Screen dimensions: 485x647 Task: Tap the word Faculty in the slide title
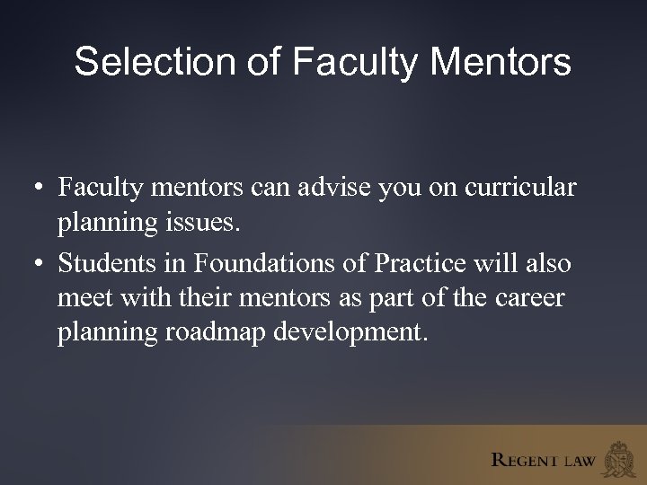pos(356,62)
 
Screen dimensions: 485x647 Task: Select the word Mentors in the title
pos(501,62)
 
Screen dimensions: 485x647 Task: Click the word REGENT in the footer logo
pos(525,461)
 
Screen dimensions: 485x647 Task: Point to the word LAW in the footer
pos(579,462)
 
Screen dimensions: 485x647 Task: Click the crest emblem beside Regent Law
pos(620,457)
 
